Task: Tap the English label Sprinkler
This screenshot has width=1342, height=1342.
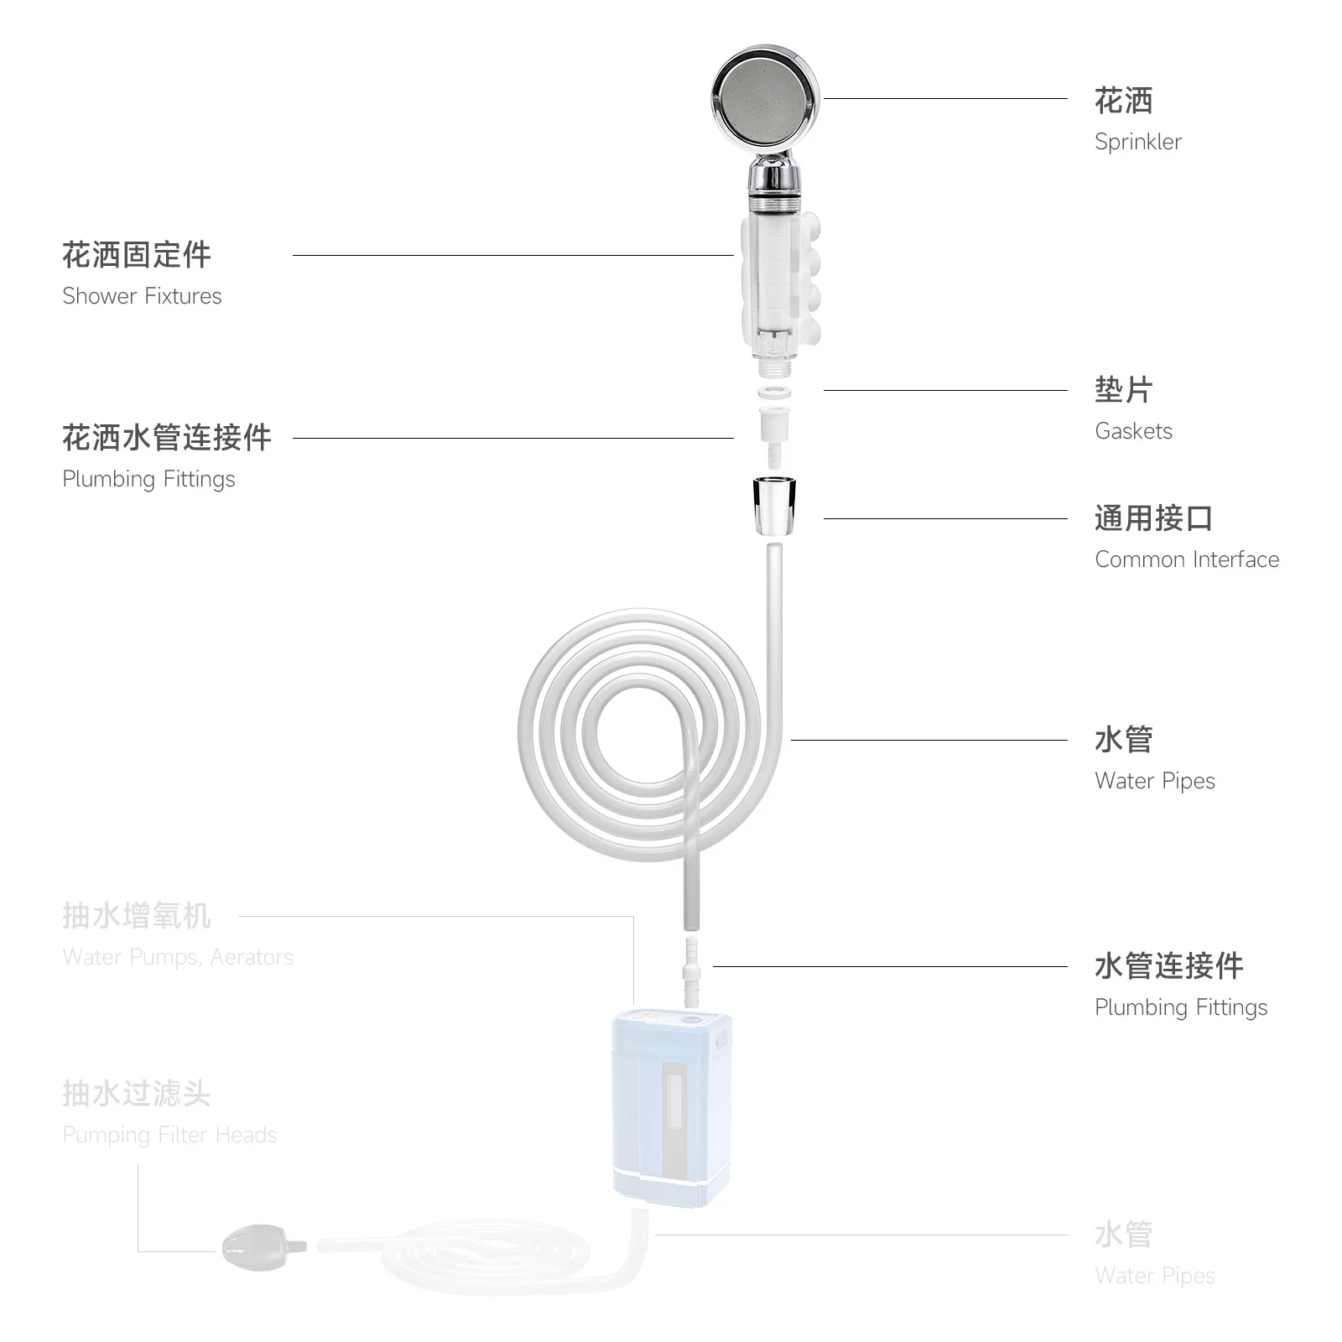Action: point(1137,142)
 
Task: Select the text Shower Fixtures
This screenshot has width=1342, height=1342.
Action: point(142,296)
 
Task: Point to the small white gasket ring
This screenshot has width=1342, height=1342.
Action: point(774,393)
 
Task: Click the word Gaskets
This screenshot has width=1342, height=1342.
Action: point(1133,431)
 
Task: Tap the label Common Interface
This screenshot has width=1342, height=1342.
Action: point(1187,559)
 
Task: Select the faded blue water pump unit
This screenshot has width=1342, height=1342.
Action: point(671,1107)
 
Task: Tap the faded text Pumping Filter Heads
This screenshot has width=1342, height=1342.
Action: point(169,1135)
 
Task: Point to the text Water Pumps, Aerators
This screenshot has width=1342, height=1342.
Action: point(178,957)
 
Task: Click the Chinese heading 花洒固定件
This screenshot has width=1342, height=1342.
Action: point(137,255)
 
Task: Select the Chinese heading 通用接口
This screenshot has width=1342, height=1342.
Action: point(1153,518)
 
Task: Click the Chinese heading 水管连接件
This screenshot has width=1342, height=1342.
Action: point(1168,966)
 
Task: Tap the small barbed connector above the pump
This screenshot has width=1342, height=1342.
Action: point(691,973)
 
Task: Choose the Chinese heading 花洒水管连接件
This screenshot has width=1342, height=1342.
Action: point(167,438)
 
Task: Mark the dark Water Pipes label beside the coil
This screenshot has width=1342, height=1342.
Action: point(1154,781)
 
